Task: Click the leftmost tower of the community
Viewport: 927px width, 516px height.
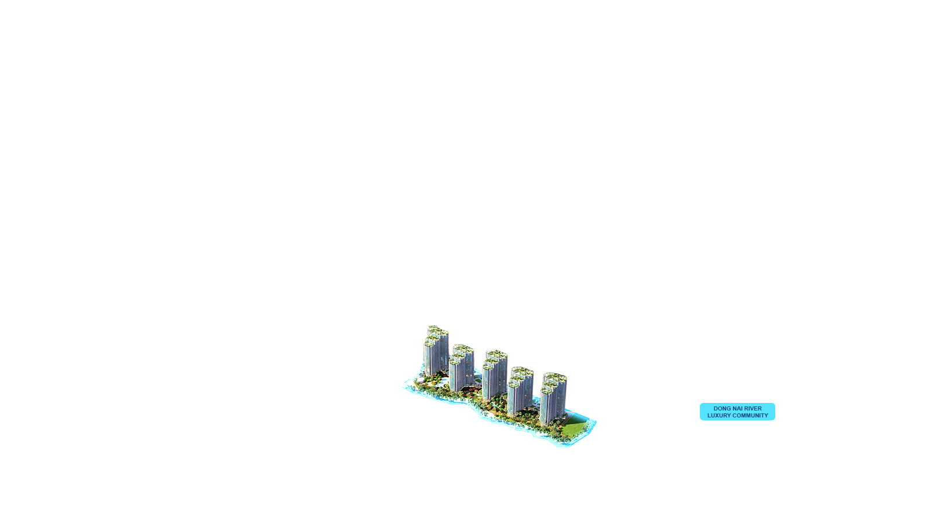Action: coord(435,354)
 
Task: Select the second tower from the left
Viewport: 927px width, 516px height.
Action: coord(461,371)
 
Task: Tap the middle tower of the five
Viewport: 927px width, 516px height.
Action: coord(494,380)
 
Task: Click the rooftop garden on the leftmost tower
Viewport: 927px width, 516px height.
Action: coord(435,332)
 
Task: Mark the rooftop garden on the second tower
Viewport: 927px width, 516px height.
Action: coord(462,350)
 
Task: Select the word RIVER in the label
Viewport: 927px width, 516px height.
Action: coord(753,409)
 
